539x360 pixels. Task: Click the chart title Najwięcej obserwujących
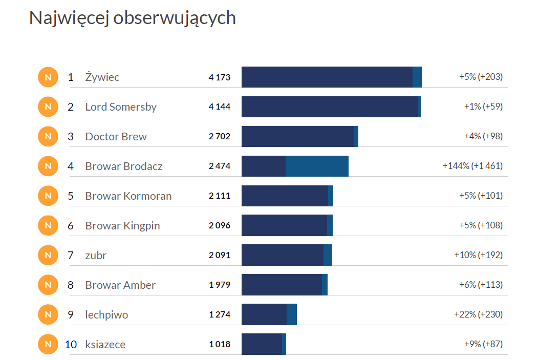coord(132,17)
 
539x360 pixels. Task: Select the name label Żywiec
coord(102,77)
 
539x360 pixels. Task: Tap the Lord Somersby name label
coord(121,107)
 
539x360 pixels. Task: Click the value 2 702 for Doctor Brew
coord(220,137)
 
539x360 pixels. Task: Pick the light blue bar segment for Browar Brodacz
coord(317,166)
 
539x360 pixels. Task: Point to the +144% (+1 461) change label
coord(472,166)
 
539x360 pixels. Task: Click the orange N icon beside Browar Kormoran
coord(48,196)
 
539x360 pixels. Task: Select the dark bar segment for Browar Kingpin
coord(284,225)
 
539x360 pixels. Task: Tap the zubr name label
coord(96,255)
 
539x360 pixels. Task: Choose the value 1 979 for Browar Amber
coord(220,285)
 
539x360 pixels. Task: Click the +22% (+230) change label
coord(478,314)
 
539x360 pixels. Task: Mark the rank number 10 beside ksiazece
coord(71,344)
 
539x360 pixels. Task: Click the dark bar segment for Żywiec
coord(327,77)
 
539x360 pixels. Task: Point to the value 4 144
coord(220,107)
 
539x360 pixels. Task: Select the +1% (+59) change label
coord(483,107)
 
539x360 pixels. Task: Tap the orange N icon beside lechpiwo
coord(48,314)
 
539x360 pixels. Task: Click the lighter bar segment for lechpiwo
coord(292,314)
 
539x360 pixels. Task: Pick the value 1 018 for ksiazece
coord(220,344)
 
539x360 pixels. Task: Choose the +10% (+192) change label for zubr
coord(478,255)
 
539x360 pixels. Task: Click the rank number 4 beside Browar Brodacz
coord(71,166)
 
